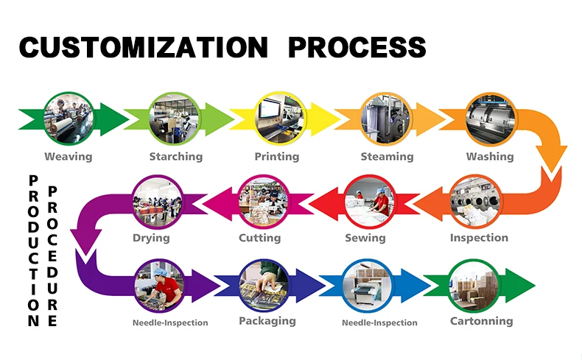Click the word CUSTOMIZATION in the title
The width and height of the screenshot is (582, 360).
pyautogui.click(x=143, y=47)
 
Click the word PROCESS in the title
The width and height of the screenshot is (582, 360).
pyautogui.click(x=357, y=47)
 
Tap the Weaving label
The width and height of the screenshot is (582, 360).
pyautogui.click(x=69, y=156)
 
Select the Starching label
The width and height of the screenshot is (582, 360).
pyautogui.click(x=175, y=156)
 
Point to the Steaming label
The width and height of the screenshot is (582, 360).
pyautogui.click(x=387, y=156)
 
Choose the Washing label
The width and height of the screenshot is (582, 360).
pyautogui.click(x=490, y=156)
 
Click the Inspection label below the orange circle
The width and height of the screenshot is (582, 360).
pyautogui.click(x=479, y=237)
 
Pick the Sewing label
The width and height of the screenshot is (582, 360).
pyautogui.click(x=365, y=238)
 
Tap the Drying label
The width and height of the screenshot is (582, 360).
pyautogui.click(x=151, y=238)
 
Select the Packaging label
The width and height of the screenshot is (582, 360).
pyautogui.click(x=267, y=321)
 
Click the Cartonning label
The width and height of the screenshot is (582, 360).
pyautogui.click(x=482, y=321)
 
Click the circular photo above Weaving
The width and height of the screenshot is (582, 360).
pyautogui.click(x=68, y=117)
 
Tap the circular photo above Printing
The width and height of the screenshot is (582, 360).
pyautogui.click(x=280, y=117)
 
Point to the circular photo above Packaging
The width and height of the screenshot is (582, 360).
pyautogui.click(x=264, y=284)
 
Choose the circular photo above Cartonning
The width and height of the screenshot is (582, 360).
pyautogui.click(x=476, y=284)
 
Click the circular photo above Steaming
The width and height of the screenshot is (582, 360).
pyautogui.click(x=386, y=117)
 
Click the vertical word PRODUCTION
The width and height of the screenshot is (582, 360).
pyautogui.click(x=33, y=250)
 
